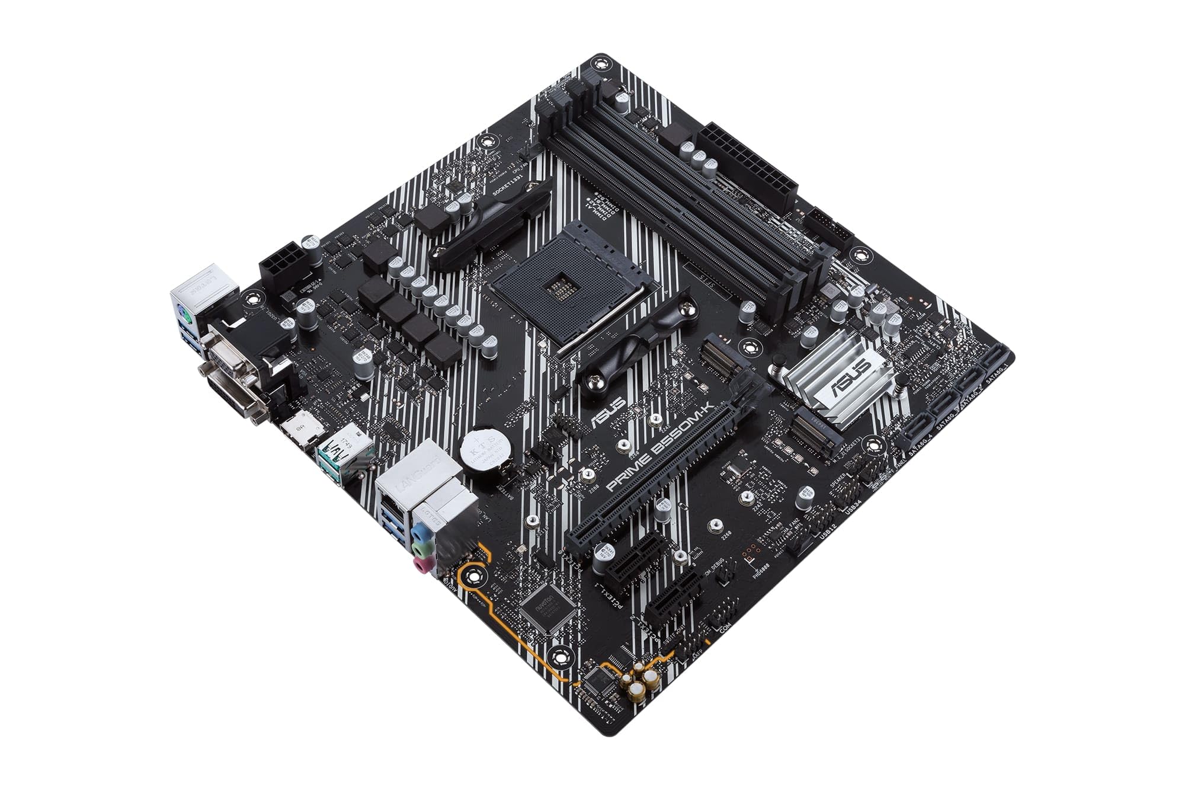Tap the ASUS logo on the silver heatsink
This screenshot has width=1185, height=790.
coord(851,379)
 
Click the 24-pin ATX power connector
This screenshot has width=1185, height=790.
coord(748,167)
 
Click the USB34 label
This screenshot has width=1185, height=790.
coord(852,507)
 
